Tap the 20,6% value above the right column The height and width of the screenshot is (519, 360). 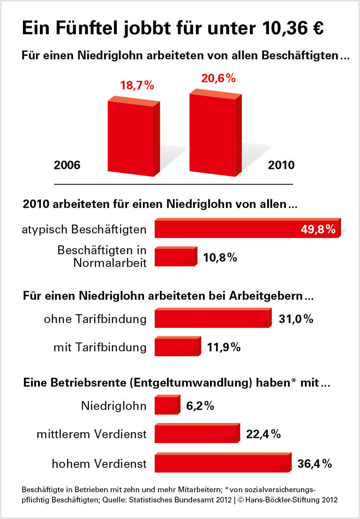click(218, 78)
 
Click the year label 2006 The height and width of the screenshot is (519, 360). click(67, 165)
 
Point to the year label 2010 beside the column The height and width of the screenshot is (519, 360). click(281, 165)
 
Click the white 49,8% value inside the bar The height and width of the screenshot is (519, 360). click(317, 229)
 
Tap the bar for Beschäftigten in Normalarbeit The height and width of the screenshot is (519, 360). click(175, 258)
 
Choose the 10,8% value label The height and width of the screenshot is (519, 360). click(220, 257)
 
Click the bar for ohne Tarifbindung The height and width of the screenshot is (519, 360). click(212, 319)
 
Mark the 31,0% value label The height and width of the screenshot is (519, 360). click(295, 319)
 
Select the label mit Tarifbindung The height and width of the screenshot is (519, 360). click(100, 347)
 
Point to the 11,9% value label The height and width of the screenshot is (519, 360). click(223, 347)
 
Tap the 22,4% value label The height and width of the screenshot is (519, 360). click(263, 435)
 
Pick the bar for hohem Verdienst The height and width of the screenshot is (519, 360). click(222, 464)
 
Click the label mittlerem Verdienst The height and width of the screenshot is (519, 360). click(91, 435)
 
